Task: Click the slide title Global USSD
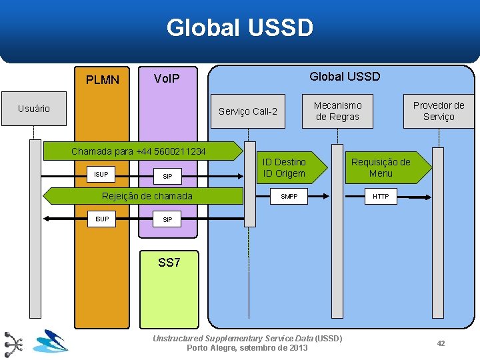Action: tap(239, 28)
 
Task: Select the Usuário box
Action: tap(34, 109)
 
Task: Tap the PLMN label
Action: tap(103, 80)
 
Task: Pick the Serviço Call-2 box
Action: tap(248, 111)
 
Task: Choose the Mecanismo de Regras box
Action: tap(337, 111)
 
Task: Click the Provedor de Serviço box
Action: tap(438, 111)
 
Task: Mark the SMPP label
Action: tap(289, 197)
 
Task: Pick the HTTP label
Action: tap(381, 197)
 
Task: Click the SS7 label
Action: tap(169, 263)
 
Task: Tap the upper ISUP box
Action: tap(101, 175)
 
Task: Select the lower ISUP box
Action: tap(101, 219)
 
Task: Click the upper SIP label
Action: tap(167, 177)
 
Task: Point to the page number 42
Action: tap(441, 343)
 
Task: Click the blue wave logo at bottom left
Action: tap(51, 341)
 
